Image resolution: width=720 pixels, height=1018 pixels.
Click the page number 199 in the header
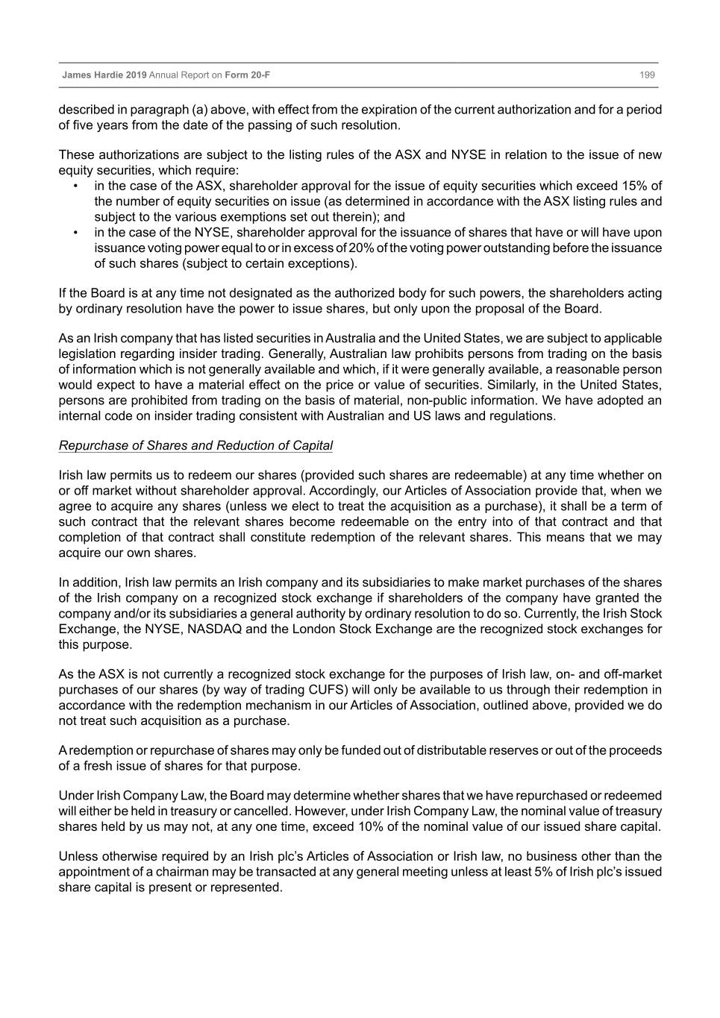click(647, 75)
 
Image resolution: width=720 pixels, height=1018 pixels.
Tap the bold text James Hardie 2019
click(104, 75)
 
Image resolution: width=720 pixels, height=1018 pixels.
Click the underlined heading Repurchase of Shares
click(195, 445)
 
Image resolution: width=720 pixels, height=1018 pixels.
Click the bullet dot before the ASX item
click(76, 186)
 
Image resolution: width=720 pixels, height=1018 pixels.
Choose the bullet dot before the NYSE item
click(76, 233)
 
